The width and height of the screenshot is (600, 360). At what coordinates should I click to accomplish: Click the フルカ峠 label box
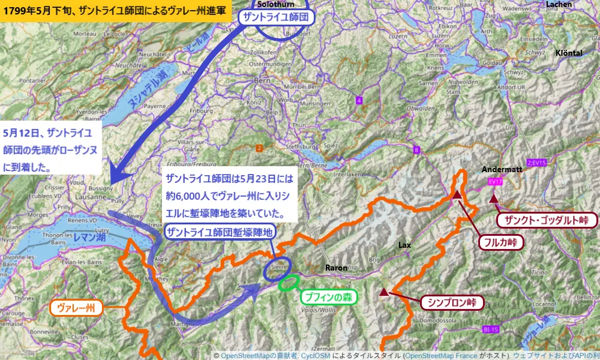tap(500, 242)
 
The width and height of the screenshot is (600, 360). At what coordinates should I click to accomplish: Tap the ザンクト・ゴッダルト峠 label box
tap(548, 220)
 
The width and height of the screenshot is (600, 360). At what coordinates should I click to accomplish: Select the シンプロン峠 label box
tap(452, 302)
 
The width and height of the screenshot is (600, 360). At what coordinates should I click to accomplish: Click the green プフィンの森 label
tap(328, 296)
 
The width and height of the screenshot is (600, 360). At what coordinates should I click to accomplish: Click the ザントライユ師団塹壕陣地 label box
tap(220, 232)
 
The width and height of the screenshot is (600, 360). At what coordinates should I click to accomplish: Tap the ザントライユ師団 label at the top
tap(277, 17)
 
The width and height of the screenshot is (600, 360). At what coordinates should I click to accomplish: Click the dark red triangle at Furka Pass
tap(457, 194)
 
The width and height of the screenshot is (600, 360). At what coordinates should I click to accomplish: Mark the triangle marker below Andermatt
tap(493, 199)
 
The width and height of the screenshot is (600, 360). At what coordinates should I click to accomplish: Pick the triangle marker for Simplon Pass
tap(383, 292)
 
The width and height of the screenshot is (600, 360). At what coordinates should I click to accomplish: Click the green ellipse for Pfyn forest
tap(290, 283)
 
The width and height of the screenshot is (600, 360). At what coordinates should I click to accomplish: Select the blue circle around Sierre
tap(277, 269)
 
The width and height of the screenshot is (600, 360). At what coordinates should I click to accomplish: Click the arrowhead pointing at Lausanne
tap(120, 177)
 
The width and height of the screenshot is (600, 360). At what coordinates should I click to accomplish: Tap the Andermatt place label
tap(502, 169)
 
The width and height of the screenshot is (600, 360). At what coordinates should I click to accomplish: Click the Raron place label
tap(336, 267)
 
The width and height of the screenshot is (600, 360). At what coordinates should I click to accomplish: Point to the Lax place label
tap(404, 245)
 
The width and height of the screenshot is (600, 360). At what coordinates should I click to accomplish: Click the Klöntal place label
tap(569, 53)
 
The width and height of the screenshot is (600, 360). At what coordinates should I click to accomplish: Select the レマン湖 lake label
tap(89, 238)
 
